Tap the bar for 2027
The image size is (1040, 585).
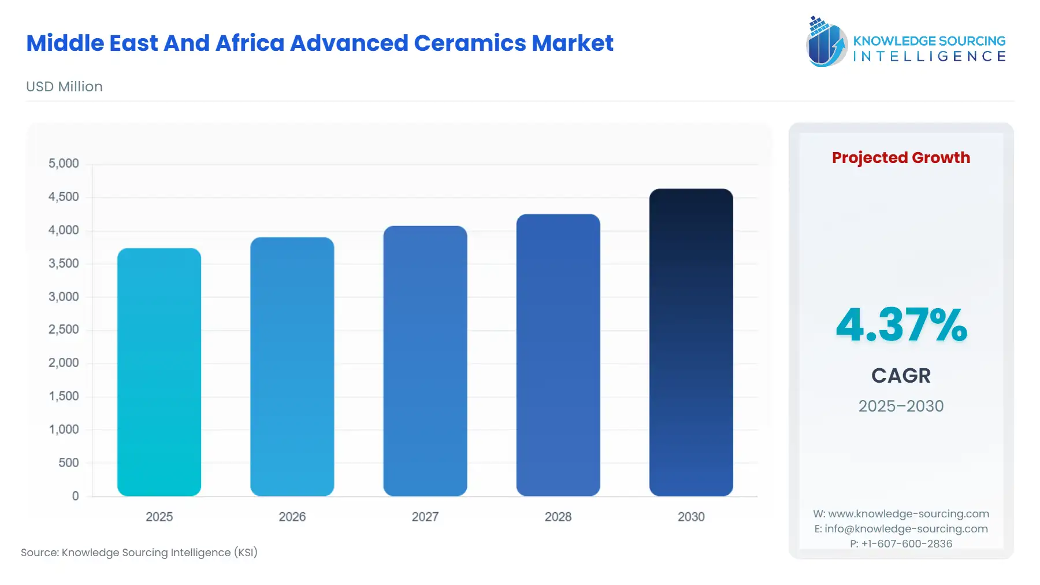point(425,361)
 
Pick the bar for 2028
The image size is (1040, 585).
point(558,355)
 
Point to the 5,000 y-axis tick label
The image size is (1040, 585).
point(64,164)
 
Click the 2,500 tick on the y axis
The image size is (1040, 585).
point(64,329)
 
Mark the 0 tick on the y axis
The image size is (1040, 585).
point(75,496)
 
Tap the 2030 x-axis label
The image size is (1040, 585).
point(690,517)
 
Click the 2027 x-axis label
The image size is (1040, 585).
point(425,517)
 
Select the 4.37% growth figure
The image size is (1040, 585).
point(901,325)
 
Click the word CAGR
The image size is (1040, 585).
point(901,376)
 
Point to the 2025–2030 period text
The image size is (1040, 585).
point(901,406)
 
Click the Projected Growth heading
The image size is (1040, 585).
point(901,157)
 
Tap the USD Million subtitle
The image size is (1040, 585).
point(64,87)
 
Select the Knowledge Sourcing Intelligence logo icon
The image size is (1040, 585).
point(826,42)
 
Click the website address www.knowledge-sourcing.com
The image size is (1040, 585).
point(908,514)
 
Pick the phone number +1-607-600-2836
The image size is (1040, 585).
point(907,543)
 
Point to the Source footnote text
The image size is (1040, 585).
point(139,553)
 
